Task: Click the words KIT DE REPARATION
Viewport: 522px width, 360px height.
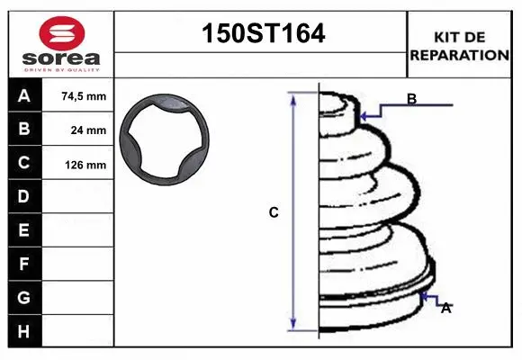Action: click(460, 46)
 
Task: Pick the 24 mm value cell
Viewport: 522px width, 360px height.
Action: click(87, 130)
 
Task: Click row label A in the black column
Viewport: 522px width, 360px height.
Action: click(23, 96)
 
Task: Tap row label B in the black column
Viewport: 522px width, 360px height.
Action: click(23, 130)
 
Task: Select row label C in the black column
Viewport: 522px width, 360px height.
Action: click(23, 164)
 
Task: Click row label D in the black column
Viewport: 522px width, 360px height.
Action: click(23, 197)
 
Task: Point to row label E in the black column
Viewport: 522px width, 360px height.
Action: click(23, 231)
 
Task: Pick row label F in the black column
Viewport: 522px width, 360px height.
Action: click(23, 265)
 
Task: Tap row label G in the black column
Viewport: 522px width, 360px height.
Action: click(23, 298)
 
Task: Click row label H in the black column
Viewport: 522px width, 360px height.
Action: click(23, 331)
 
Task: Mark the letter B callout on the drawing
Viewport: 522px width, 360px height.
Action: click(411, 99)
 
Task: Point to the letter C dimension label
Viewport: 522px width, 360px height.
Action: click(274, 213)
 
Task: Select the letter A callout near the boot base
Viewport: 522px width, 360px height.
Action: click(445, 308)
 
